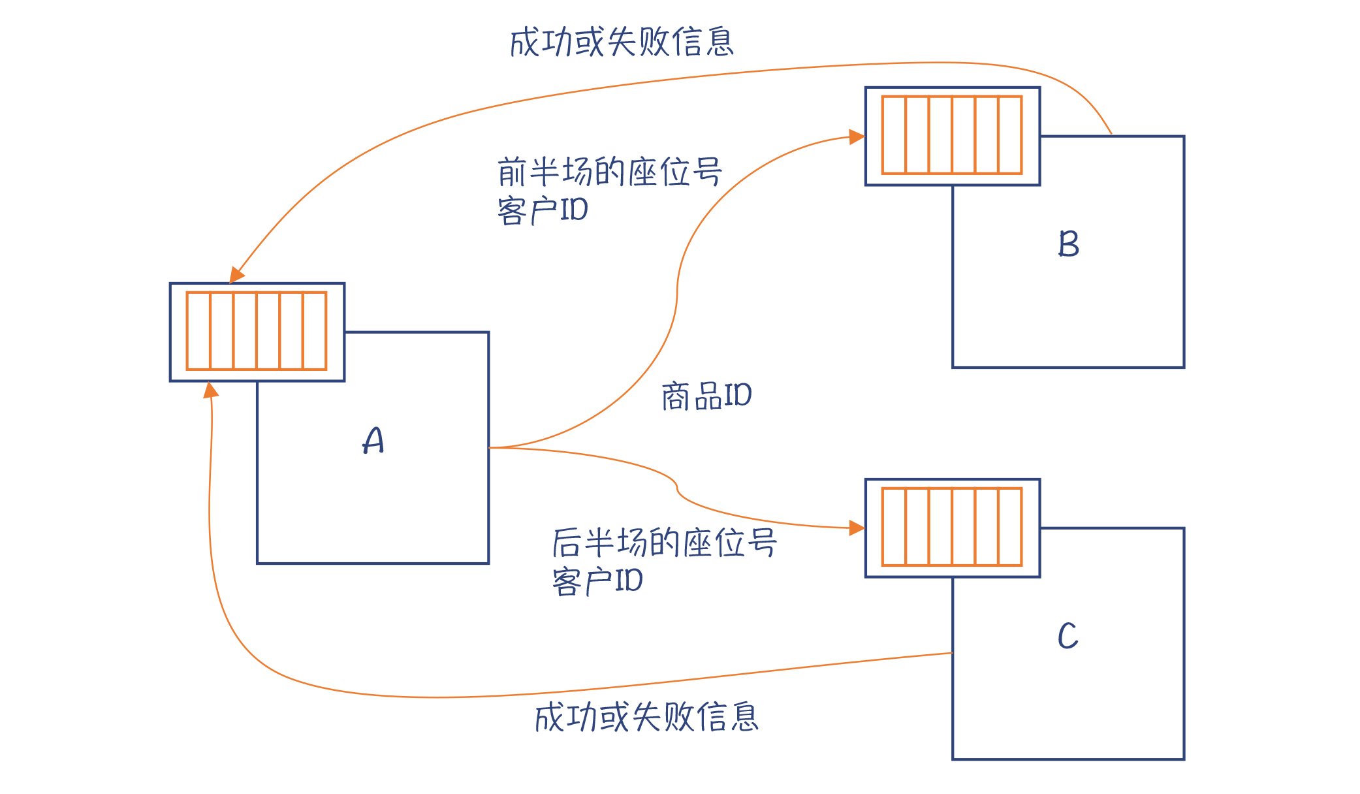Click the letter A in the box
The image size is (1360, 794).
[373, 441]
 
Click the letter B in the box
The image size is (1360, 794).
[1069, 244]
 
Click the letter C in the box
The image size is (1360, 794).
[1068, 636]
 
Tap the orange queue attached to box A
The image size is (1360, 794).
[257, 331]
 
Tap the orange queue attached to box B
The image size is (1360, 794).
[952, 135]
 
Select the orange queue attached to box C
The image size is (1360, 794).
[952, 527]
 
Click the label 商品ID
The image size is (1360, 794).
[706, 396]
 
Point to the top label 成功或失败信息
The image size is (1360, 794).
[622, 42]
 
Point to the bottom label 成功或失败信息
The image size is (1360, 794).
[646, 717]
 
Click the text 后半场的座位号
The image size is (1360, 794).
[665, 543]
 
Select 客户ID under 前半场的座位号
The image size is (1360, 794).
[543, 210]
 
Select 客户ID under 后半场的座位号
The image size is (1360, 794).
[597, 581]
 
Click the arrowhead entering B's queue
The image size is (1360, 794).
[857, 136]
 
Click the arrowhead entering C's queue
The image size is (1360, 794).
[857, 528]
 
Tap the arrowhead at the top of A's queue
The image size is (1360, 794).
[236, 275]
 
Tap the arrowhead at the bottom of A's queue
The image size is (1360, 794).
[210, 390]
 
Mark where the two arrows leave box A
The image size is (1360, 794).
[490, 447]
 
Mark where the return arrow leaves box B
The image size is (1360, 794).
[1111, 135]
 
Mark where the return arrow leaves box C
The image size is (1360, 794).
[952, 652]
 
